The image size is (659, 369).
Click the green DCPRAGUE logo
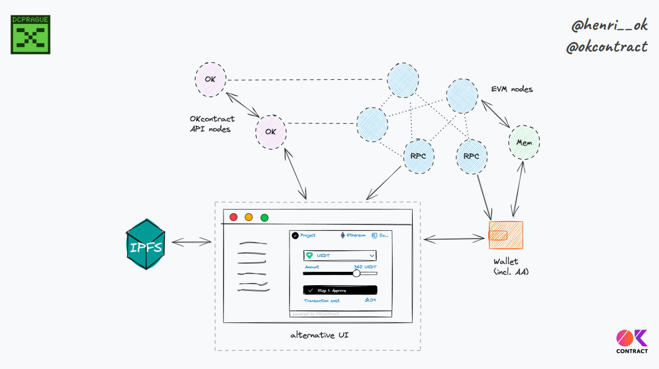(31, 35)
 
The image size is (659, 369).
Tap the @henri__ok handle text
(610, 25)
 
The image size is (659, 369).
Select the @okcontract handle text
(606, 47)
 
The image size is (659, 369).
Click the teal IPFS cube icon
(145, 244)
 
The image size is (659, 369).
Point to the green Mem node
(524, 143)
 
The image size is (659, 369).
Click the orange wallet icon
(505, 235)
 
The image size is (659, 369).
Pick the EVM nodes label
(511, 89)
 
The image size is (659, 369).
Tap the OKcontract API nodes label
(212, 124)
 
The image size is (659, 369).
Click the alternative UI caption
(319, 335)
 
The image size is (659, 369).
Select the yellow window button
(249, 218)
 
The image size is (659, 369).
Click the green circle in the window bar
(264, 218)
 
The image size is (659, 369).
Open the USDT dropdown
(339, 255)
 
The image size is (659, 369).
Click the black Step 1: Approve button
(340, 290)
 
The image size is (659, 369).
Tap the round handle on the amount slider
(356, 273)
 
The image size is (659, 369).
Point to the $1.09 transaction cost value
(370, 300)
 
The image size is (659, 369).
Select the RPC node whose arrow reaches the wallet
(472, 156)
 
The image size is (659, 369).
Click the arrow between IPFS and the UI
(191, 241)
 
